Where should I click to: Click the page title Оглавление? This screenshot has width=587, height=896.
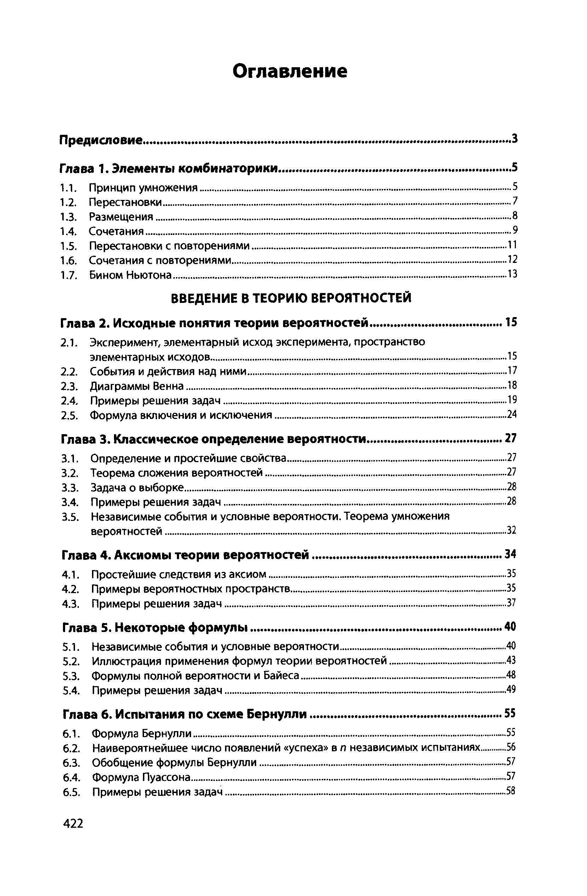pyautogui.click(x=289, y=71)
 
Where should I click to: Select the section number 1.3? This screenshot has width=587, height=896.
pyautogui.click(x=69, y=217)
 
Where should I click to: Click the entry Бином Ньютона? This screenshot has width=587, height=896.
pyautogui.click(x=130, y=275)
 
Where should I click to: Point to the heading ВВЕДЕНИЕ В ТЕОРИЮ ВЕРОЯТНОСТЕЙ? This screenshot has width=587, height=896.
pyautogui.click(x=291, y=298)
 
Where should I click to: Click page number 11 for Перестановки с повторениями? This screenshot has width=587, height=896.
pyautogui.click(x=512, y=246)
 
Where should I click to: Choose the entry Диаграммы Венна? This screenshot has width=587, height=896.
pyautogui.click(x=137, y=386)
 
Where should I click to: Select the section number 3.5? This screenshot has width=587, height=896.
pyautogui.click(x=70, y=517)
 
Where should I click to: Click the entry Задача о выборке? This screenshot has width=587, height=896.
pyautogui.click(x=137, y=488)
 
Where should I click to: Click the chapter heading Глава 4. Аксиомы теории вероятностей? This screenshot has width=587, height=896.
pyautogui.click(x=185, y=555)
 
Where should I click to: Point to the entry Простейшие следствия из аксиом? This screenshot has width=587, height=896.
pyautogui.click(x=179, y=574)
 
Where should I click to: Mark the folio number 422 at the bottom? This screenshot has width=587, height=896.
pyautogui.click(x=73, y=824)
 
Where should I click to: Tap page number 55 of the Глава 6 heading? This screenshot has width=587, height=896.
pyautogui.click(x=510, y=713)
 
